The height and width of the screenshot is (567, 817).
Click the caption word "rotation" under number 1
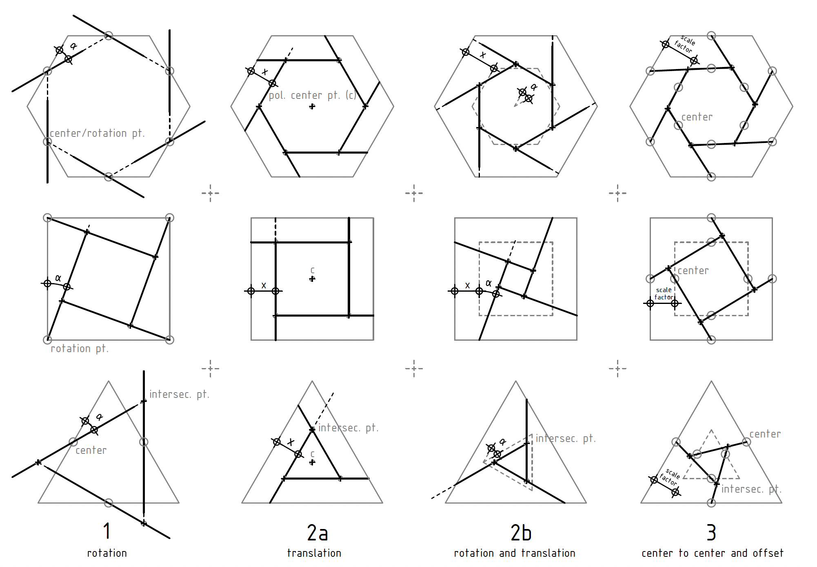[107, 553]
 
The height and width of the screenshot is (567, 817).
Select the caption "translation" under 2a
[314, 553]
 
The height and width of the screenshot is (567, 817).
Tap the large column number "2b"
[521, 533]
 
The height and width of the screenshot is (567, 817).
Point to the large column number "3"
[711, 533]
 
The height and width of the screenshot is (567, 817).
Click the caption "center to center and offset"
[712, 553]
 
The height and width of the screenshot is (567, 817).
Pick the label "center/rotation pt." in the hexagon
[97, 133]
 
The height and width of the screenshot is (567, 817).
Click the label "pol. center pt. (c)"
[312, 95]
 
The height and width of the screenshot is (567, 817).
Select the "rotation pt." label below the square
[80, 348]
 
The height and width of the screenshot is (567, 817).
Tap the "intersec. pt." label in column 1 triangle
[179, 394]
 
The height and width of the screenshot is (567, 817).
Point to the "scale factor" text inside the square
[664, 293]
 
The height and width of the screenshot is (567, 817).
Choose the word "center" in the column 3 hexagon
[697, 117]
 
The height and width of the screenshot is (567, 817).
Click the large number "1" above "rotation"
[107, 531]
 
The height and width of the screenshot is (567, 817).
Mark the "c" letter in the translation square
[312, 270]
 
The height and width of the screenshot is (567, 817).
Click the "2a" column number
[317, 533]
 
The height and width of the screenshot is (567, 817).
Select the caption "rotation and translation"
[515, 553]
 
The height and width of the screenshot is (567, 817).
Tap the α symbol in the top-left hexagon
[73, 46]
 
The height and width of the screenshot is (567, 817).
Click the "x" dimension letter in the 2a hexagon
[265, 72]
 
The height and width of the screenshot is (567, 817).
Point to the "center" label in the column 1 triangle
[91, 450]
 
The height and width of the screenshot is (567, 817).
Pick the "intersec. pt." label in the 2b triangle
[566, 438]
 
